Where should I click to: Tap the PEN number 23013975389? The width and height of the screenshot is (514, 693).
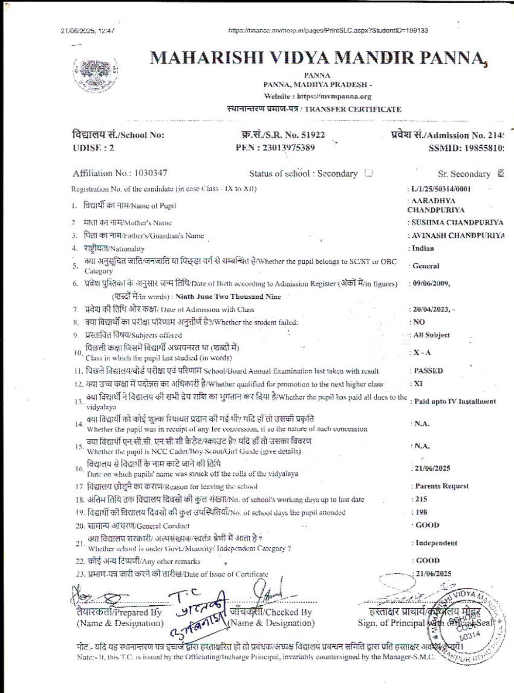tap(289, 148)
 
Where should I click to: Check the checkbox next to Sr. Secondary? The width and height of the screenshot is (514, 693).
tap(501, 173)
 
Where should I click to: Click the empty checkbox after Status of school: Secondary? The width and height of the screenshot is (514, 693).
tap(368, 173)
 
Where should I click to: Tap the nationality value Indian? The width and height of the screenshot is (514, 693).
tap(423, 248)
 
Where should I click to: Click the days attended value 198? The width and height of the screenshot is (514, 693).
tap(421, 512)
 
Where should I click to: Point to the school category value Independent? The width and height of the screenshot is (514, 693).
tap(436, 543)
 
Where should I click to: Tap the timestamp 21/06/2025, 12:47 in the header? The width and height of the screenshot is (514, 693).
tap(87, 31)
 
